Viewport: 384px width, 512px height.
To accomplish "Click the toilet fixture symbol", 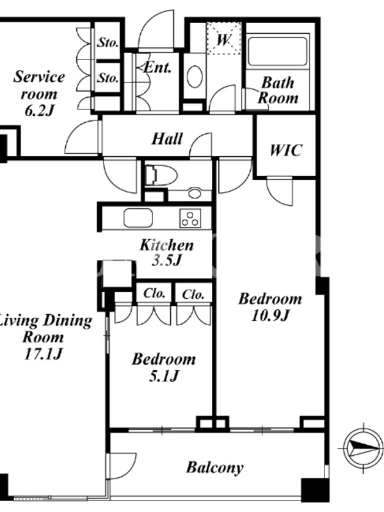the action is click(161, 175).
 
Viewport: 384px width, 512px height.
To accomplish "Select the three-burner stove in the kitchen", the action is click(190, 218).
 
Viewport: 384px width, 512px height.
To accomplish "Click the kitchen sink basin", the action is click(138, 218).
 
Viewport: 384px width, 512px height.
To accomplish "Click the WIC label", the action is click(285, 150).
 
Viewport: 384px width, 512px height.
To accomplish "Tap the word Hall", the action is click(167, 139).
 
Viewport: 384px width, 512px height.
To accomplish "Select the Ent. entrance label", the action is click(157, 68).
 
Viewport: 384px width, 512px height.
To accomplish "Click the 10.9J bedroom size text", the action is click(270, 316).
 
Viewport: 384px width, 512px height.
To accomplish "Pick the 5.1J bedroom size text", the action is click(164, 376).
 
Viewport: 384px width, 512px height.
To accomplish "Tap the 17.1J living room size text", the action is click(43, 355).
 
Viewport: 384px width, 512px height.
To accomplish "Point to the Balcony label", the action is click(215, 468).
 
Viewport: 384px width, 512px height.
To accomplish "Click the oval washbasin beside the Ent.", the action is click(195, 77).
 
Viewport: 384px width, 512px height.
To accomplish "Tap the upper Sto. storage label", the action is click(108, 42).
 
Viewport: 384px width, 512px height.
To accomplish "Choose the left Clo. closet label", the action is click(154, 293).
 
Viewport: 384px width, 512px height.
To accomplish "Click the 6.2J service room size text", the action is click(39, 111).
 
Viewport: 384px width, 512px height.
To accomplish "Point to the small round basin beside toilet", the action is click(195, 193).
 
